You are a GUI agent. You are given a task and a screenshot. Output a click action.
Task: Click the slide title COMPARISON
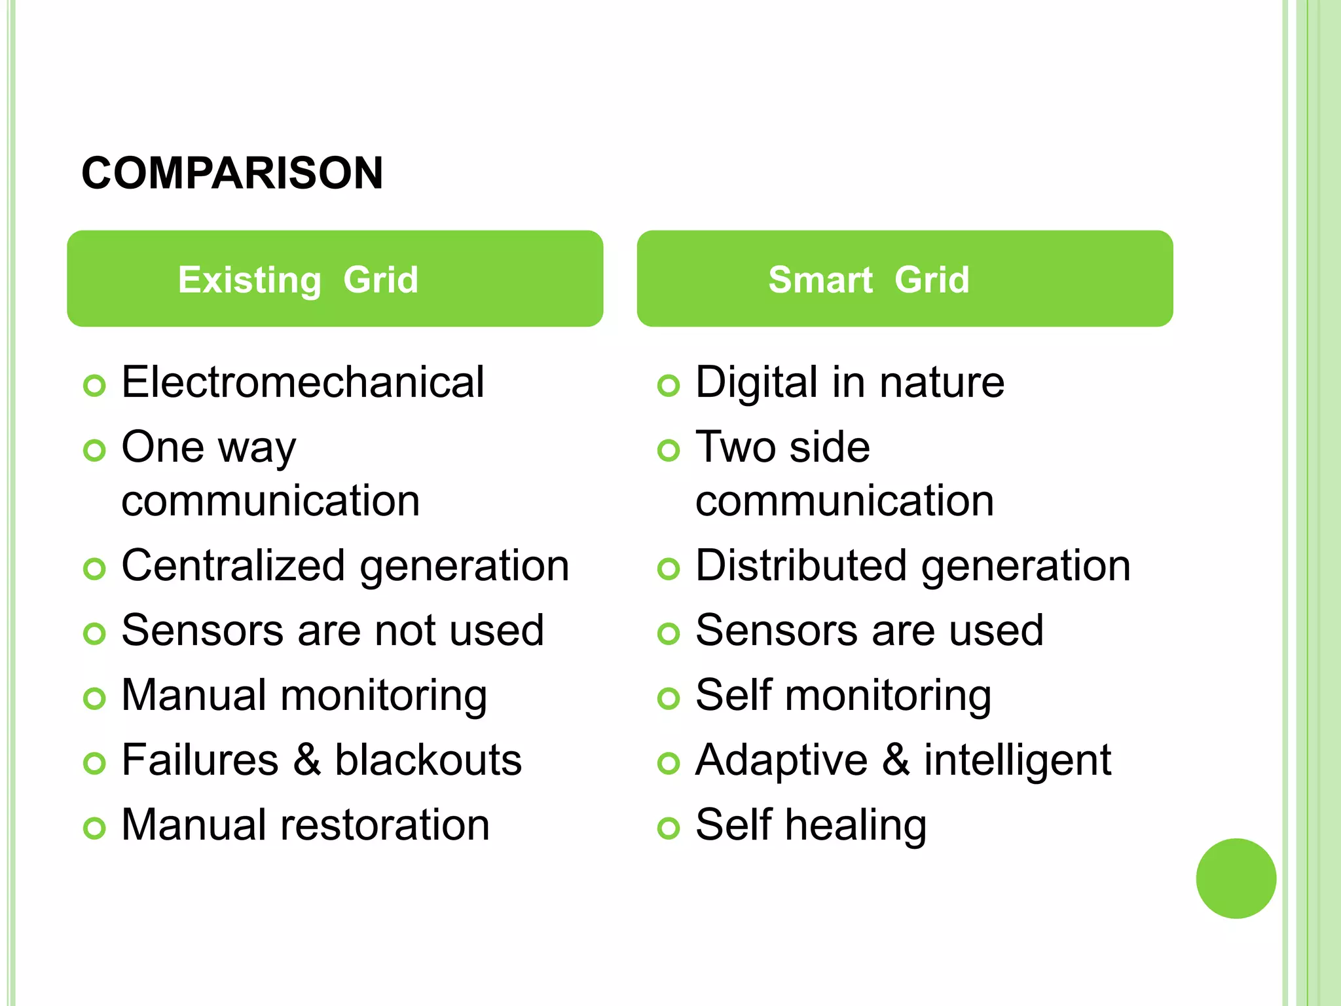point(232,174)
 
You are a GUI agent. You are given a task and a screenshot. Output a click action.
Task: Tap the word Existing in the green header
point(249,280)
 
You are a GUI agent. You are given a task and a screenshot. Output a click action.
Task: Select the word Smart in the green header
point(820,280)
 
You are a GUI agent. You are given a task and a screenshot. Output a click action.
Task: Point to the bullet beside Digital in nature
point(669,386)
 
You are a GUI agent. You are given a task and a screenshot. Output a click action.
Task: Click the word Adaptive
point(782,761)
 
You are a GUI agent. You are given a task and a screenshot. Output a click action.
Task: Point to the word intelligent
point(1017,761)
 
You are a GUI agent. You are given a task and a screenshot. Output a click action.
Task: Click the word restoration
point(385,825)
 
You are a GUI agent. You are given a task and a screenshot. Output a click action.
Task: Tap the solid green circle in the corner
point(1236,878)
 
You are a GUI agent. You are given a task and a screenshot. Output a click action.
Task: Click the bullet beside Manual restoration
point(94,829)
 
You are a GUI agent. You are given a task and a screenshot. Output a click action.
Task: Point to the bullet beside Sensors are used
point(669,634)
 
